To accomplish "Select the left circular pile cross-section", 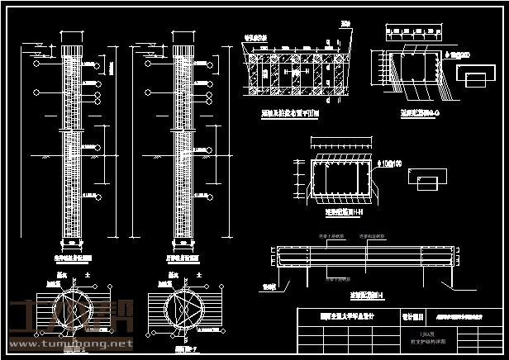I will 73,307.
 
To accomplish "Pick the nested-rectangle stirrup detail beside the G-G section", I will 471,76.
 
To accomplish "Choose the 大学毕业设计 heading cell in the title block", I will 347,315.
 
